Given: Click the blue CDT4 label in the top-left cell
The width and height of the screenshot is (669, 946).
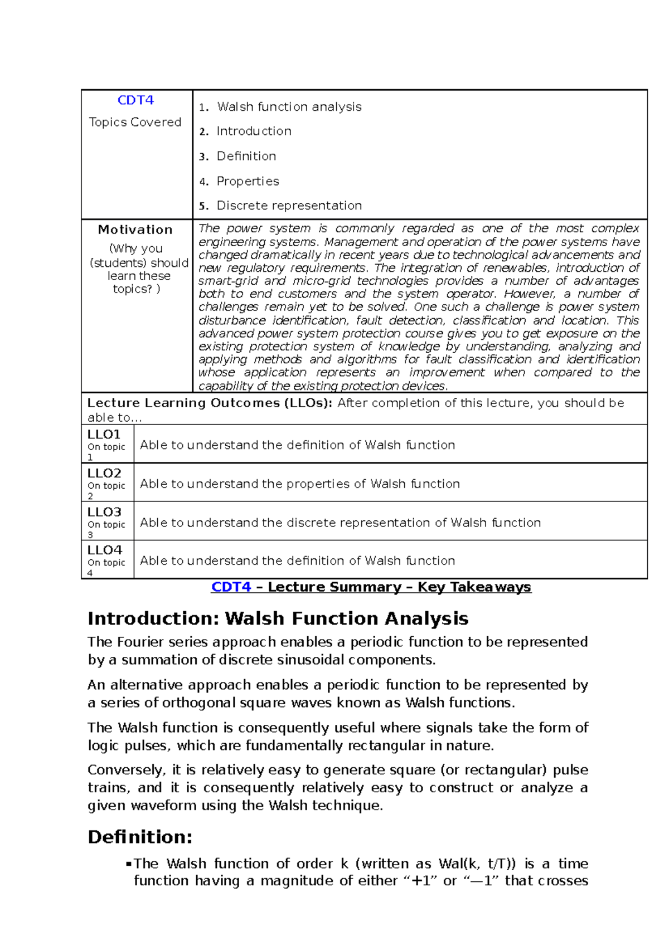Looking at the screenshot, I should pyautogui.click(x=135, y=100).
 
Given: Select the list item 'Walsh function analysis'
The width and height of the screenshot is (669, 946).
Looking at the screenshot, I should pyautogui.click(x=289, y=106).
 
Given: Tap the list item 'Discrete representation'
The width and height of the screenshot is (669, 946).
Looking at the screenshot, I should pyautogui.click(x=289, y=206).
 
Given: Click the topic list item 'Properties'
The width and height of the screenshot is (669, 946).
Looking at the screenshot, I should pyautogui.click(x=248, y=181).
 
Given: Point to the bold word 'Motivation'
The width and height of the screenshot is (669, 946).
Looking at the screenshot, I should pyautogui.click(x=135, y=230).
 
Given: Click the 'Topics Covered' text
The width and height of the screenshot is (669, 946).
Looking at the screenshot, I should pyautogui.click(x=135, y=122).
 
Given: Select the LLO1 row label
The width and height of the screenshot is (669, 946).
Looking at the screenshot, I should pyautogui.click(x=104, y=435).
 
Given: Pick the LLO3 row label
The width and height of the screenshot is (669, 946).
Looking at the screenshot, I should pyautogui.click(x=104, y=512).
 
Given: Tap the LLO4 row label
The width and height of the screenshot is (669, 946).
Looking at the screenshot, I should pyautogui.click(x=104, y=550).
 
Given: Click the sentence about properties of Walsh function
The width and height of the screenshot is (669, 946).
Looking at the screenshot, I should pyautogui.click(x=299, y=484).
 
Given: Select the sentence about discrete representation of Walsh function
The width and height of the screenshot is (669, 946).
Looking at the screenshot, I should pyautogui.click(x=340, y=523).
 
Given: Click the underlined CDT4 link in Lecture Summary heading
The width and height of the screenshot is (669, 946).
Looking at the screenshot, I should pyautogui.click(x=231, y=587).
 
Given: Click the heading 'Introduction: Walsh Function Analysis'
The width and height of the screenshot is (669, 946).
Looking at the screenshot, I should pyautogui.click(x=278, y=618).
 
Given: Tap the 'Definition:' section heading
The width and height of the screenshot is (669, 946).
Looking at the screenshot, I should pyautogui.click(x=140, y=837).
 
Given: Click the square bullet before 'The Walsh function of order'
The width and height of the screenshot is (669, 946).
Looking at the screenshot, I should pyautogui.click(x=129, y=864).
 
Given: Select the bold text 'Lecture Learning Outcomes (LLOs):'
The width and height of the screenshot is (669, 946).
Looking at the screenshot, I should pyautogui.click(x=210, y=403).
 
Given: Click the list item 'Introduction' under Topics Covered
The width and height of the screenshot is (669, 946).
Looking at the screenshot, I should pyautogui.click(x=254, y=131).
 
